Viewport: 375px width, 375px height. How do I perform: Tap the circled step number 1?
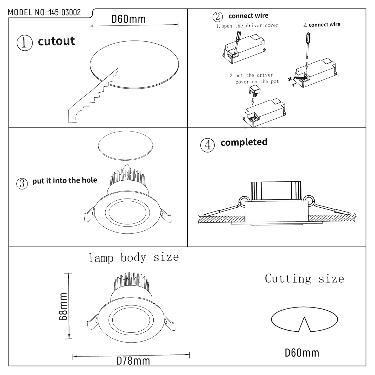pos(24,43)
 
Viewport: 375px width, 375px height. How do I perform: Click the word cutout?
pos(56,41)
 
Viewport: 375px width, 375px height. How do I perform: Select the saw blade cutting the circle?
pos(93,96)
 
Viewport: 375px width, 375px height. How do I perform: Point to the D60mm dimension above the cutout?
pos(128,19)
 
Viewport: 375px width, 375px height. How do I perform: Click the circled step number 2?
pos(217,17)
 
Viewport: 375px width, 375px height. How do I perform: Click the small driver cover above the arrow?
pos(255,91)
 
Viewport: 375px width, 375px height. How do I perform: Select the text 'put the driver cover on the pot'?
pos(254,78)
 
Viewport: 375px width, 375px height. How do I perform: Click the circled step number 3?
pos(22,183)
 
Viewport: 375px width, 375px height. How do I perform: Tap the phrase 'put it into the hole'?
pos(65,180)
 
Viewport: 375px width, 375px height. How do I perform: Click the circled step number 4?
pos(208,145)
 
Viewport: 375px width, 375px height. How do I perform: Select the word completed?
pos(244,142)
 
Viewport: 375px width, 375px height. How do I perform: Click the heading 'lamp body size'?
pos(134,257)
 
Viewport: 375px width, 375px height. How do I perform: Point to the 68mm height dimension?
pos(63,306)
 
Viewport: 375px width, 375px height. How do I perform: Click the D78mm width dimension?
pos(133,361)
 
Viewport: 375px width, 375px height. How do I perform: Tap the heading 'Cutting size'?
pos(304,278)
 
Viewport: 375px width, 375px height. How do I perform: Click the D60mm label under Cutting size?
pos(302,353)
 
